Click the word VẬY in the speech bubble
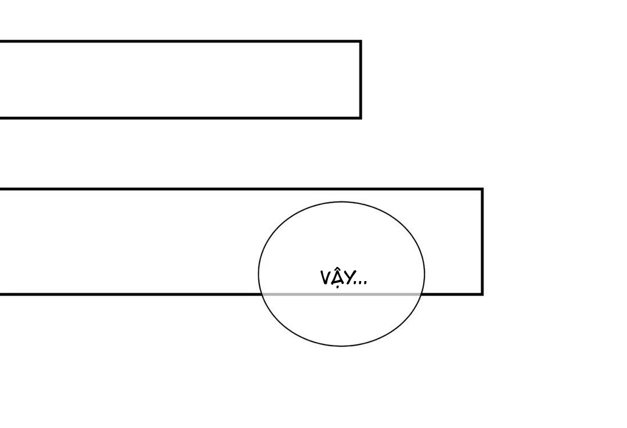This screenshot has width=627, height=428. pos(336,278)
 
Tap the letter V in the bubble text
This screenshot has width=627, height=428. pos(325,278)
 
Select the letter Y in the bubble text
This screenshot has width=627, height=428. pos(348,278)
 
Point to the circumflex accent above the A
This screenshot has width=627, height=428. pos(337,270)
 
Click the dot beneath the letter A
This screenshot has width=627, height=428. pos(337,287)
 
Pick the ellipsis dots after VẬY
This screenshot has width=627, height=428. pos(361,283)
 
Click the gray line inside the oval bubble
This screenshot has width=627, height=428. pos(341,294)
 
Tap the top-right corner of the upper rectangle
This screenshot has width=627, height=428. pos(361,42)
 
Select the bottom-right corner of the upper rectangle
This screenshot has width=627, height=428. pos(361,118)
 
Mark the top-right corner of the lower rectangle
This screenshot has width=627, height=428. pos(482,189)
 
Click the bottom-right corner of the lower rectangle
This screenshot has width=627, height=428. pos(482,294)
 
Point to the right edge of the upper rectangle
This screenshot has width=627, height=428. pos(361,80)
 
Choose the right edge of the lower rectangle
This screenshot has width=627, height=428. pos(482,242)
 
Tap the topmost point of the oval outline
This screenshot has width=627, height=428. pos(341,202)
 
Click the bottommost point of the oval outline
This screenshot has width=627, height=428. pos(341,346)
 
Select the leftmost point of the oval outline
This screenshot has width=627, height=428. pos(259,274)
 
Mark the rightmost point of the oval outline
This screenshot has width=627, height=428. pos(424,274)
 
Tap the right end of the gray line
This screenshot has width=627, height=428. pos(421,294)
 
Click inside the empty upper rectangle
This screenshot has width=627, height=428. pos(180,80)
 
